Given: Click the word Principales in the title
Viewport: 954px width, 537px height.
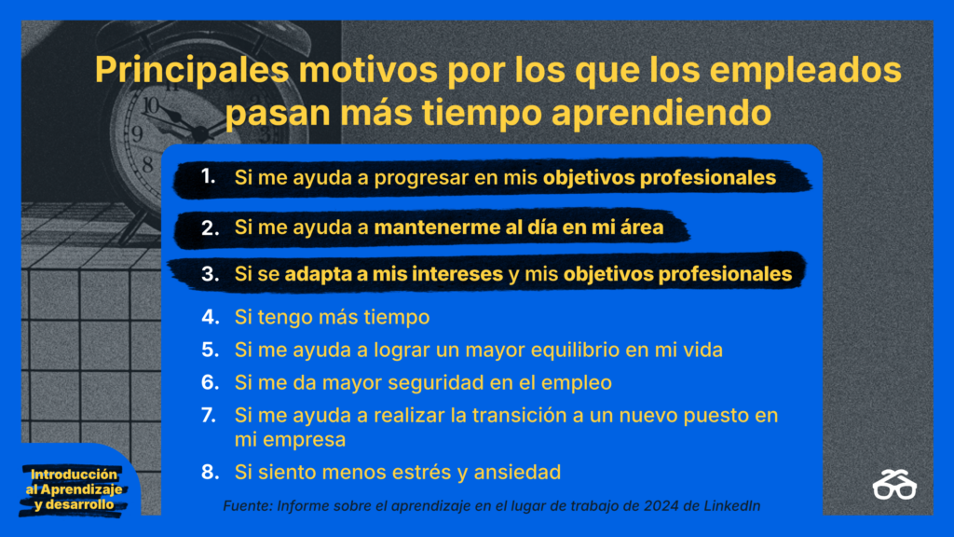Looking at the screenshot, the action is pyautogui.click(x=191, y=71).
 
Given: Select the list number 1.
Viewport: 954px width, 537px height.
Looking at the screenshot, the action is pyautogui.click(x=208, y=176).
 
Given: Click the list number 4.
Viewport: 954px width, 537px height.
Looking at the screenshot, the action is pyautogui.click(x=210, y=317).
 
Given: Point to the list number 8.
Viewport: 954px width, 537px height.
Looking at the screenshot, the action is pyautogui.click(x=210, y=472).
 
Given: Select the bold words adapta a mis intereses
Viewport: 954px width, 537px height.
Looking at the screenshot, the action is pyautogui.click(x=394, y=274).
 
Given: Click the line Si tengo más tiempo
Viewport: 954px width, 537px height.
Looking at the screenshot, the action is pyautogui.click(x=333, y=317).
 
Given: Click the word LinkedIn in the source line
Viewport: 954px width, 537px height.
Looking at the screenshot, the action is pyautogui.click(x=732, y=506).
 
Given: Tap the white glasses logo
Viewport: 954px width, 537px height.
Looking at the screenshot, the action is pyautogui.click(x=894, y=485).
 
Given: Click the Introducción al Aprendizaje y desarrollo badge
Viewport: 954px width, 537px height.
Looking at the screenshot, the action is pyautogui.click(x=74, y=489).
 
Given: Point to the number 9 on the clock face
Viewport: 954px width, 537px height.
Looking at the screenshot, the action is pyautogui.click(x=137, y=133).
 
